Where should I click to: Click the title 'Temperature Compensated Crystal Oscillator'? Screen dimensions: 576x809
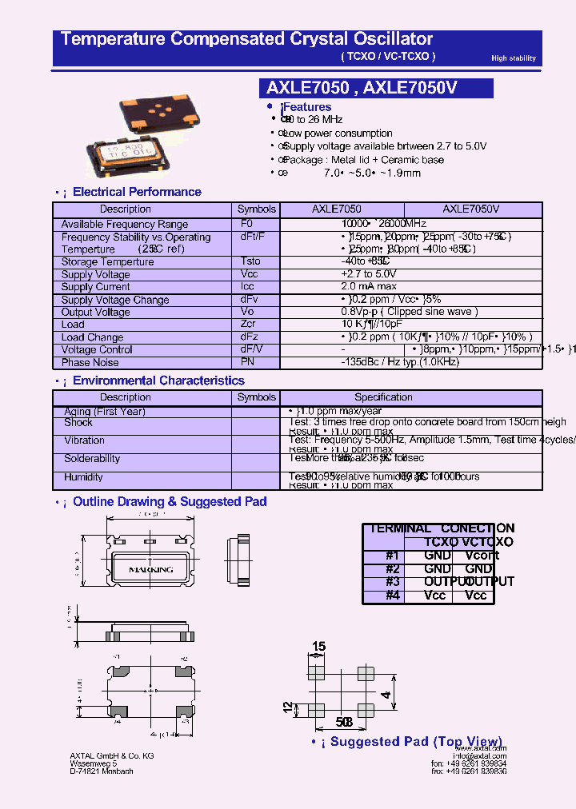(x=246, y=38)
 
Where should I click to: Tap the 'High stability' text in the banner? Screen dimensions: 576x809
(x=514, y=58)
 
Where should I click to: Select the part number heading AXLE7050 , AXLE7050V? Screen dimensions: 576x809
(x=361, y=88)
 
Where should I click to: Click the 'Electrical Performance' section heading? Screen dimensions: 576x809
(x=137, y=192)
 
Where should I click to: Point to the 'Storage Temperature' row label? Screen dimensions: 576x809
(x=107, y=261)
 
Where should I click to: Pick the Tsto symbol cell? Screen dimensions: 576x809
(x=250, y=261)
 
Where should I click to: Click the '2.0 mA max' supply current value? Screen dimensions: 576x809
(x=368, y=286)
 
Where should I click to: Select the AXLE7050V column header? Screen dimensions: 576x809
(x=471, y=209)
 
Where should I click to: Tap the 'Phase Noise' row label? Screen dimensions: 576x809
(x=90, y=362)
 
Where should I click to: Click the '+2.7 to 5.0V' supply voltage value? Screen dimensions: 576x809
(x=368, y=274)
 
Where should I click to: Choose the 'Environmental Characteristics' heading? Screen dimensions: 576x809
(x=158, y=381)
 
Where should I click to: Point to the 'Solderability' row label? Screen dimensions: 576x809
(x=92, y=459)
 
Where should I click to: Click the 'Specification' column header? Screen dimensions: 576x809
(x=383, y=397)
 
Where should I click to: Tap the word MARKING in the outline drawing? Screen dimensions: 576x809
(x=150, y=570)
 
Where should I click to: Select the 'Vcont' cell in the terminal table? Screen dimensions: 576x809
(x=482, y=556)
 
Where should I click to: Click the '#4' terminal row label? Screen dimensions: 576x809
(x=392, y=596)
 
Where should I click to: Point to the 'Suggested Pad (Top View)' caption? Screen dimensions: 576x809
(x=416, y=742)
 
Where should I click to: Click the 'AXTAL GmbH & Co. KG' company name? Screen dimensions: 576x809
(x=111, y=756)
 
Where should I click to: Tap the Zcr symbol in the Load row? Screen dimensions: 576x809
(x=247, y=325)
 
